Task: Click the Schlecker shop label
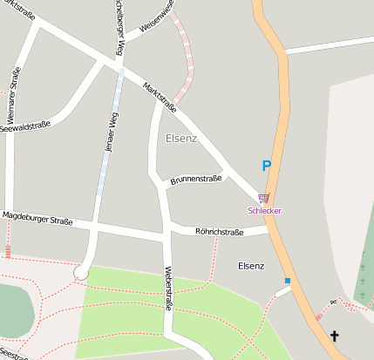(265, 210)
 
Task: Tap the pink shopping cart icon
(264, 198)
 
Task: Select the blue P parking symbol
(267, 165)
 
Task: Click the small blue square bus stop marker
(287, 281)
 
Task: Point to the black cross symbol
(334, 336)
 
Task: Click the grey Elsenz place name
(181, 138)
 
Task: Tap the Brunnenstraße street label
(196, 178)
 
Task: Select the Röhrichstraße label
(219, 232)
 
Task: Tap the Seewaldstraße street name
(25, 127)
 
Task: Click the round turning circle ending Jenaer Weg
(82, 272)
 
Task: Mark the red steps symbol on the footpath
(8, 253)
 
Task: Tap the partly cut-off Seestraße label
(15, 355)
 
